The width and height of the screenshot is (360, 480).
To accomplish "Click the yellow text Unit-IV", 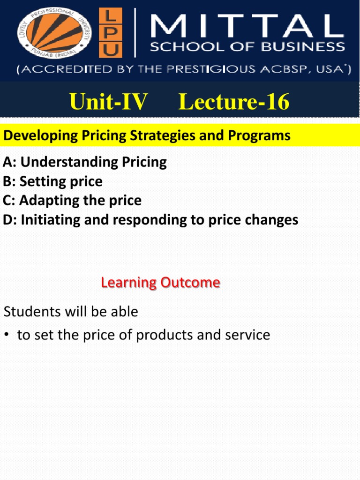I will pos(108,102).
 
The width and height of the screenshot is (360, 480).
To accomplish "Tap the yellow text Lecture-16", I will pos(234,102).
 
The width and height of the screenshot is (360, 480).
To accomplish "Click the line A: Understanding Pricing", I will pos(85,162).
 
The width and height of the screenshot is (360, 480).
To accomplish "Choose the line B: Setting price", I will pos(52,181).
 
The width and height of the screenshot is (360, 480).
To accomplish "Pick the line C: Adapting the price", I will pos(72,201).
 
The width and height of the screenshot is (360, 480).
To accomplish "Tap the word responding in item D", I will pos(136,220).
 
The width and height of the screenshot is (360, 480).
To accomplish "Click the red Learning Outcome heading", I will pos(160,283).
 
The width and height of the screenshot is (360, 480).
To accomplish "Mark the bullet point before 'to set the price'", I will pos(7,335).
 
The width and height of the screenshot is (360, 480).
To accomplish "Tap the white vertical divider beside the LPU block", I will pos(135,34).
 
